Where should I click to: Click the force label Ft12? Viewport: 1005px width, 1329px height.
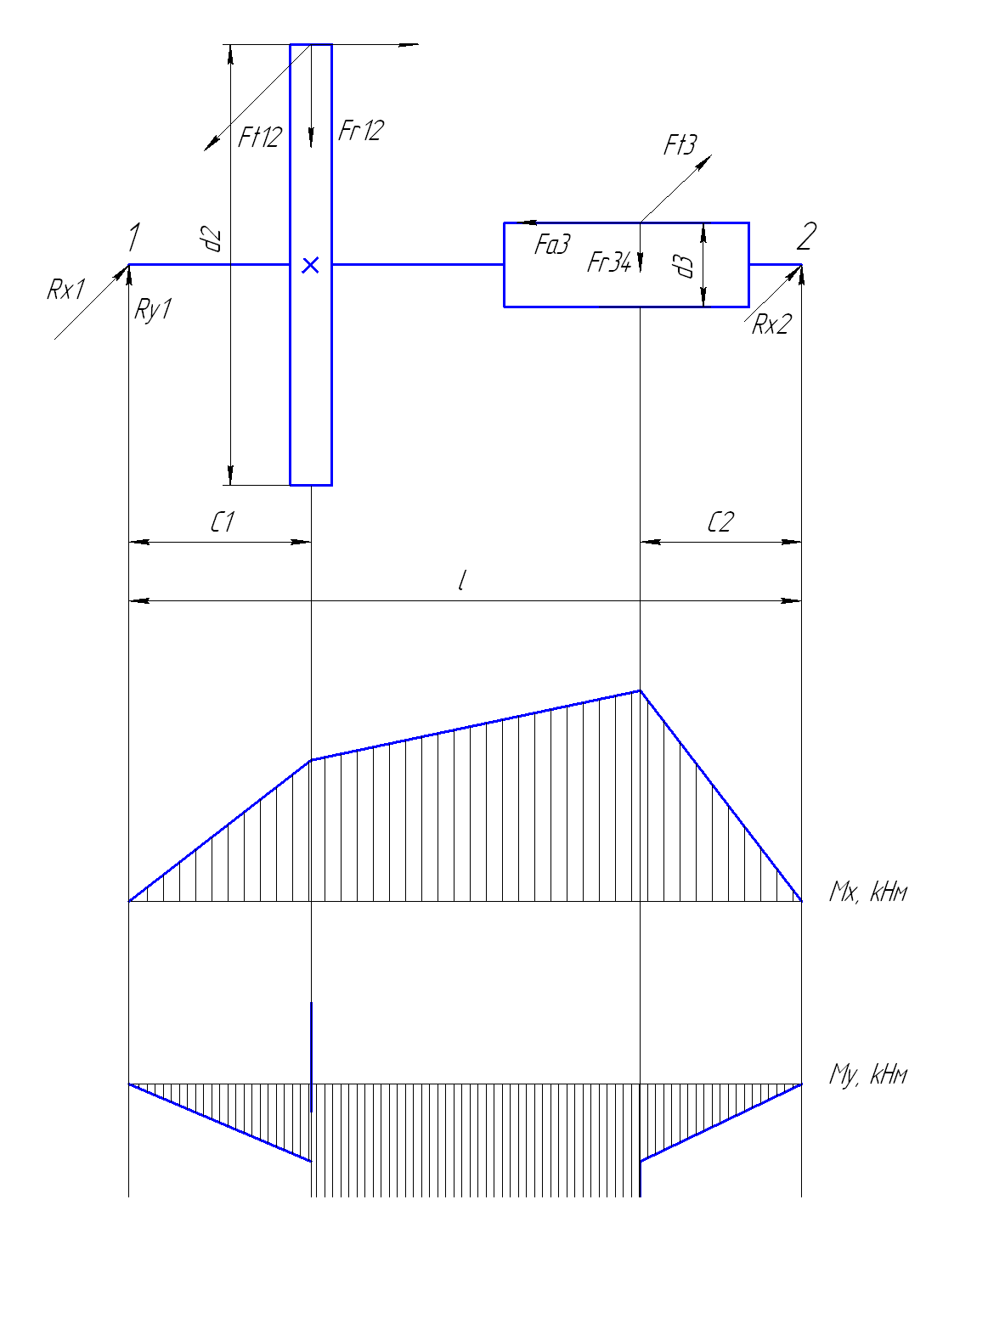(260, 137)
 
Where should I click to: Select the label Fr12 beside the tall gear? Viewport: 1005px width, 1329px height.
(361, 130)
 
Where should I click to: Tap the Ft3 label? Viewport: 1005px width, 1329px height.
(680, 144)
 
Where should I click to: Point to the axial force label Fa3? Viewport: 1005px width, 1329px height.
(552, 244)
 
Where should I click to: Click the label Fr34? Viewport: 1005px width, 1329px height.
(609, 262)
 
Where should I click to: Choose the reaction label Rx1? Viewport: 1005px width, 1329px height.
(66, 290)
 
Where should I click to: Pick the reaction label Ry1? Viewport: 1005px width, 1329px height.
(153, 310)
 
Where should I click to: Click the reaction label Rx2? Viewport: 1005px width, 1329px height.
(771, 324)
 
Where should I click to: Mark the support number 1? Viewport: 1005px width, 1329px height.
(134, 236)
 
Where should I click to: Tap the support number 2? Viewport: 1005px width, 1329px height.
(806, 236)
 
